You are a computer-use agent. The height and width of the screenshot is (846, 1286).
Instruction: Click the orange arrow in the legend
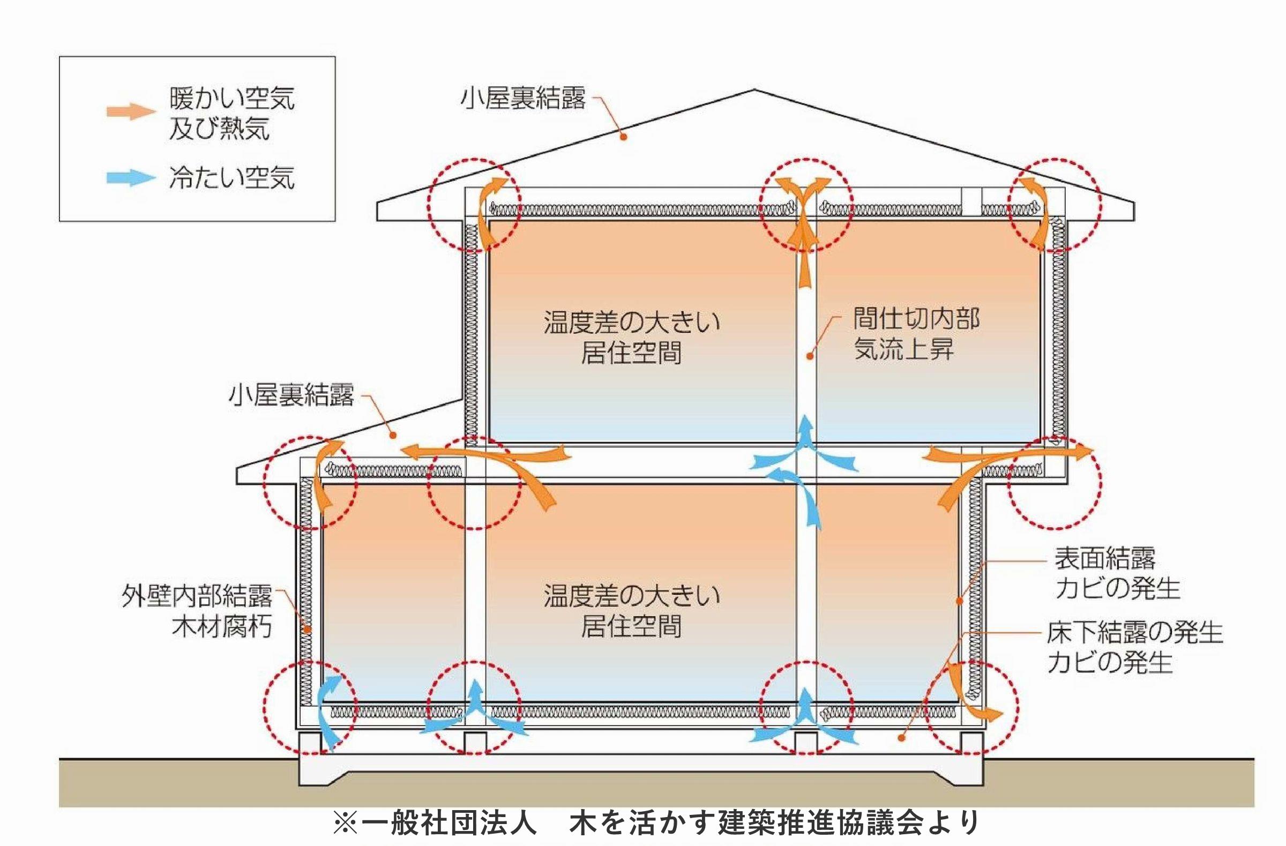[131, 111]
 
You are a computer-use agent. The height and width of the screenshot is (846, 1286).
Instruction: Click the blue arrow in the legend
[131, 178]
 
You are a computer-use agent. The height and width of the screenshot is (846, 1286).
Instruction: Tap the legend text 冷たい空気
[232, 178]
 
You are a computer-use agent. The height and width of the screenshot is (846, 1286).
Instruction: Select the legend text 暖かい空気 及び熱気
[232, 114]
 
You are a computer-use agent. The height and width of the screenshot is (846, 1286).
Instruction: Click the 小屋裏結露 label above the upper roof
[522, 99]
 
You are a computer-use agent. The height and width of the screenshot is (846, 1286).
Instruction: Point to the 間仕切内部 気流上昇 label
[916, 334]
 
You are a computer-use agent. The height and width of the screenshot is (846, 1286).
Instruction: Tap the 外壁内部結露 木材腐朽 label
[197, 611]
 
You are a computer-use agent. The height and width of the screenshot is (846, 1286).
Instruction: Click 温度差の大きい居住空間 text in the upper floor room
[632, 338]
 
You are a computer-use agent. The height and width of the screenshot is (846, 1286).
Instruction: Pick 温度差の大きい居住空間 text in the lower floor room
[632, 611]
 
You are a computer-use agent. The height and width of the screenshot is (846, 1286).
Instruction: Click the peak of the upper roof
[754, 90]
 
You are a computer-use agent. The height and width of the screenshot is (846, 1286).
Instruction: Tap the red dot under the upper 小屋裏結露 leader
[623, 137]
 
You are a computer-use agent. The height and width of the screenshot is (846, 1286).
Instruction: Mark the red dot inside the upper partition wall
[810, 356]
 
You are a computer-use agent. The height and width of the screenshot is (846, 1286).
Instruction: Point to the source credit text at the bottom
[656, 823]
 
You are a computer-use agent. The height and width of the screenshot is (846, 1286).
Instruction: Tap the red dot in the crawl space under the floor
[901, 738]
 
